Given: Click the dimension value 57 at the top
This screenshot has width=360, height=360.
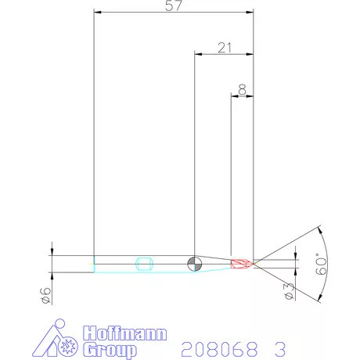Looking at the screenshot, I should pos(174,6).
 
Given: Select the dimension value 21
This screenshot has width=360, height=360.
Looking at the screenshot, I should pos(225,48).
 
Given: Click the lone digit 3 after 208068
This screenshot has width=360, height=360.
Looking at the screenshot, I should pos(279,346).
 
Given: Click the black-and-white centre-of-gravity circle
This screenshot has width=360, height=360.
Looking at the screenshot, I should pos(195,262).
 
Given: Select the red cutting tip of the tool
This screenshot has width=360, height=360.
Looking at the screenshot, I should pos(242,263).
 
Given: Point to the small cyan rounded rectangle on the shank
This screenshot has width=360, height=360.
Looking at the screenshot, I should pos(143,262).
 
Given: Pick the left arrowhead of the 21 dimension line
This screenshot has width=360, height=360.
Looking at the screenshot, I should pos(197,54).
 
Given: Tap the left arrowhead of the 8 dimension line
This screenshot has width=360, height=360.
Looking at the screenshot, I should pos(234,96).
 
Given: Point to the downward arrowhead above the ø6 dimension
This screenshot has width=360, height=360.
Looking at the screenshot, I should pos(52,251).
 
